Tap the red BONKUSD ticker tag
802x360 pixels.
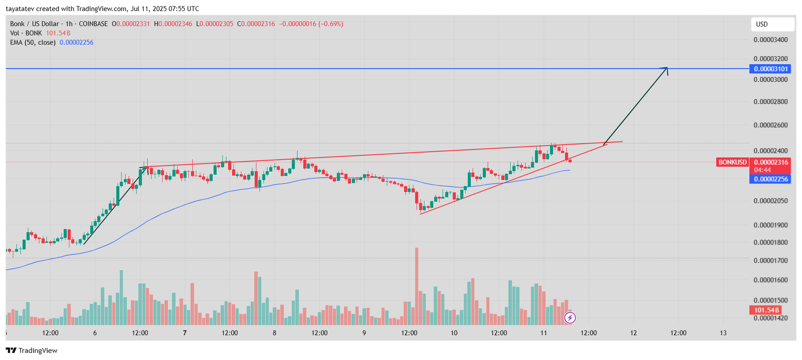(732, 162)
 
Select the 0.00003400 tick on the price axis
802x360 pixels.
(770, 40)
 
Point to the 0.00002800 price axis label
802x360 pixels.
(770, 102)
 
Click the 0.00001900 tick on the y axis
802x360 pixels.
(770, 225)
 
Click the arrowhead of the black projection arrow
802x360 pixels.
(666, 69)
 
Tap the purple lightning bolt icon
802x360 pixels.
(570, 317)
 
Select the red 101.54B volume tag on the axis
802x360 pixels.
(766, 310)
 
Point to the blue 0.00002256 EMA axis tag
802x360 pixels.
(770, 179)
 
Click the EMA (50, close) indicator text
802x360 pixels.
(33, 43)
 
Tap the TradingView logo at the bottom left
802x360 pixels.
(32, 350)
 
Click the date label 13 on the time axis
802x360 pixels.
(723, 333)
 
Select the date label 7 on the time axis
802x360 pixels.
(185, 333)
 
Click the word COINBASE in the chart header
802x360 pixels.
(93, 24)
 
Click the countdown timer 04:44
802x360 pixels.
(762, 170)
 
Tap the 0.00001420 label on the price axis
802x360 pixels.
(770, 318)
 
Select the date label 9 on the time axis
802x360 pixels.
(364, 333)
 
